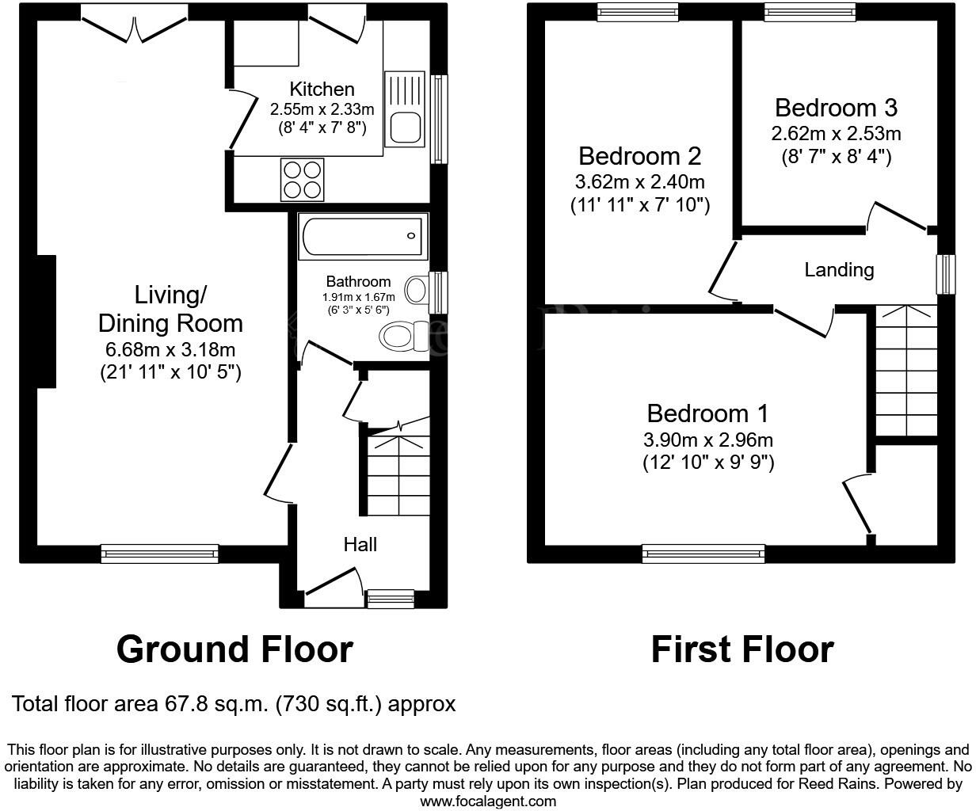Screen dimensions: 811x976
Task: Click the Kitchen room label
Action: pos(322,89)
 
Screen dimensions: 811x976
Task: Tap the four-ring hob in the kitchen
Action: pos(302,180)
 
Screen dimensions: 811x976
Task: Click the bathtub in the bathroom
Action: pos(363,235)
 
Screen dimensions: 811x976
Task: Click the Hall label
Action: pos(360,544)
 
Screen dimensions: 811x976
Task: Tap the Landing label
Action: pos(839,270)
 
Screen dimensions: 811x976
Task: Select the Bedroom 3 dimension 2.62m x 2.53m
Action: pos(836,134)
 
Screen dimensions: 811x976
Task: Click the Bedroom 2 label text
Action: pos(639,155)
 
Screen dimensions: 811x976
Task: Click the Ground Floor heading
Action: pos(234,649)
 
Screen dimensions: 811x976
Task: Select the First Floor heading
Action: pos(742,649)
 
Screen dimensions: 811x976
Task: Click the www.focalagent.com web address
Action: pos(487,801)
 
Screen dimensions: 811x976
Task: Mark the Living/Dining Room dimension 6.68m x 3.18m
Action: pos(170,349)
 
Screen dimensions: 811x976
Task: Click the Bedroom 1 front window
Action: pos(703,554)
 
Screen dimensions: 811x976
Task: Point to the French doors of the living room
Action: pos(135,22)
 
